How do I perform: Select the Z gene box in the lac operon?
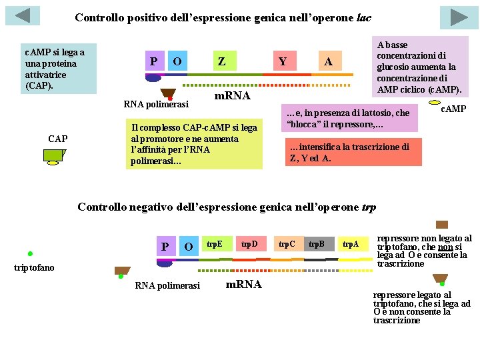tap(221, 62)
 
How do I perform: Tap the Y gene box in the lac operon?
tap(283, 62)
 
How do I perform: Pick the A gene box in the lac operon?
tap(328, 62)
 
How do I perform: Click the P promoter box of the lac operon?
tap(153, 62)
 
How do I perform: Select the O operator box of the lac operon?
tap(177, 62)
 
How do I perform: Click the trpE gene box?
tap(214, 245)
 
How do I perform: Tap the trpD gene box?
tap(249, 245)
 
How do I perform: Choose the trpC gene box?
tap(287, 245)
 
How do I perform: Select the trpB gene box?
tap(317, 245)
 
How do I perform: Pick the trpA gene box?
tap(351, 245)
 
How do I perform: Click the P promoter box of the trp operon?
tap(165, 247)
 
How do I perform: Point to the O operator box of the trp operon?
tap(189, 247)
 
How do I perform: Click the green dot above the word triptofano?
tap(30, 253)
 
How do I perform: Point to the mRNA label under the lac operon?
tap(231, 97)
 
